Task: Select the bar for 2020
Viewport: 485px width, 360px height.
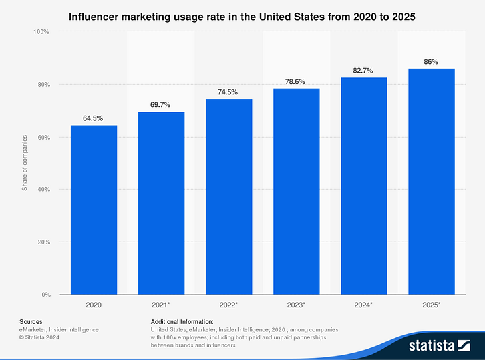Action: [x=94, y=210]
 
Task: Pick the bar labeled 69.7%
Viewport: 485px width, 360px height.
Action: [x=161, y=203]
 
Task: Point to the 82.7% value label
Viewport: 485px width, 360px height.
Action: [x=363, y=71]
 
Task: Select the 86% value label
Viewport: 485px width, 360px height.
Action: [x=431, y=62]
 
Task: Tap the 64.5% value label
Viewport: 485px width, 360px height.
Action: [x=94, y=118]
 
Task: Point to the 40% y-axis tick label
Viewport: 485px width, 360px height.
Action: [x=43, y=190]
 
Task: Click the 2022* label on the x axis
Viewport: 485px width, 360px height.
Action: [x=228, y=305]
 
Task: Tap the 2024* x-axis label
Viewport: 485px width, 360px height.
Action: [x=363, y=305]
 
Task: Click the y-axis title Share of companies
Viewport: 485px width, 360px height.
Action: [x=25, y=163]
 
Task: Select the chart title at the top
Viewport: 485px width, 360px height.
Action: [x=242, y=17]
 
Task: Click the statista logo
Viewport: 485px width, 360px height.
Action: [x=438, y=345]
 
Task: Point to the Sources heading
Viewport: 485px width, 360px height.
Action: [x=31, y=321]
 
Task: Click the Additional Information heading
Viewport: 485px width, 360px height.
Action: [x=182, y=321]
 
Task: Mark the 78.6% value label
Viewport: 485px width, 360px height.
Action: [x=296, y=82]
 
